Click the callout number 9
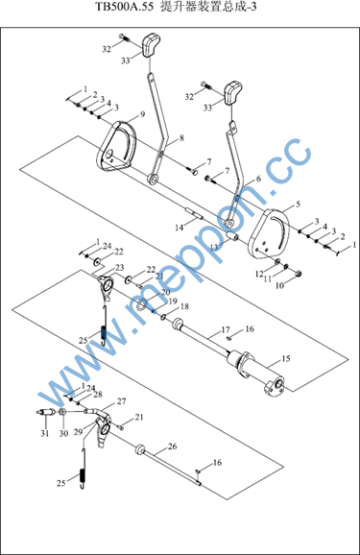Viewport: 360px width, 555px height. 142,114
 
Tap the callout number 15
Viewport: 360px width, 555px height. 286,358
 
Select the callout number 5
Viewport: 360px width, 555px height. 298,205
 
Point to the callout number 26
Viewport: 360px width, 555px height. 173,446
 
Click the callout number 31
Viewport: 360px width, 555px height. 44,433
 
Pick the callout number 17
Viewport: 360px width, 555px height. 226,330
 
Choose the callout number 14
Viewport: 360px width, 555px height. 180,228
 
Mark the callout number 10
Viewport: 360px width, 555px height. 280,285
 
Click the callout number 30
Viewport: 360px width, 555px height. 63,433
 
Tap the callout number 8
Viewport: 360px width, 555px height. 181,137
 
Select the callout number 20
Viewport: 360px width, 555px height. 166,292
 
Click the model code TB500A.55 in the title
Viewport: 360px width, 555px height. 125,7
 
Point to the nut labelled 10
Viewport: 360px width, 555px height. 299,274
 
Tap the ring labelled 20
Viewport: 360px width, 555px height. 141,304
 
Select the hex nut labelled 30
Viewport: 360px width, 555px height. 63,412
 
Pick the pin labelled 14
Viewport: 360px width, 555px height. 194,215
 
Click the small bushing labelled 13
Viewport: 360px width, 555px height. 232,235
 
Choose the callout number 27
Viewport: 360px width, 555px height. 121,401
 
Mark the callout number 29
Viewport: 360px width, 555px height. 78,431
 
